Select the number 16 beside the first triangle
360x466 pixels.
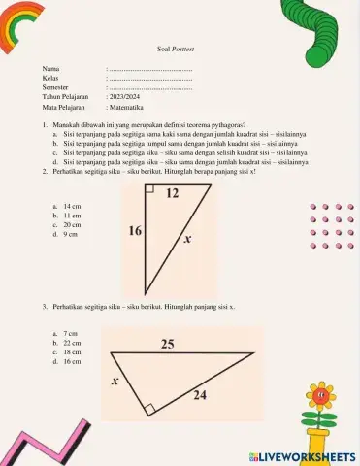click(x=135, y=231)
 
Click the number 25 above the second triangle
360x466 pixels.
click(x=168, y=345)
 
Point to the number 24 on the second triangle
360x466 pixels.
click(x=199, y=394)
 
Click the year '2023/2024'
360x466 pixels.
click(x=125, y=97)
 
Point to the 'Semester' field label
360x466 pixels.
click(x=56, y=88)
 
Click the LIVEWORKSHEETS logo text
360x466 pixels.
click(x=310, y=455)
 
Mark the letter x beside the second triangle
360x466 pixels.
click(x=115, y=382)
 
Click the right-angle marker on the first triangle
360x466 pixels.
click(x=150, y=191)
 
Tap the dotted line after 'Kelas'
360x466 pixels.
click(x=149, y=79)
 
